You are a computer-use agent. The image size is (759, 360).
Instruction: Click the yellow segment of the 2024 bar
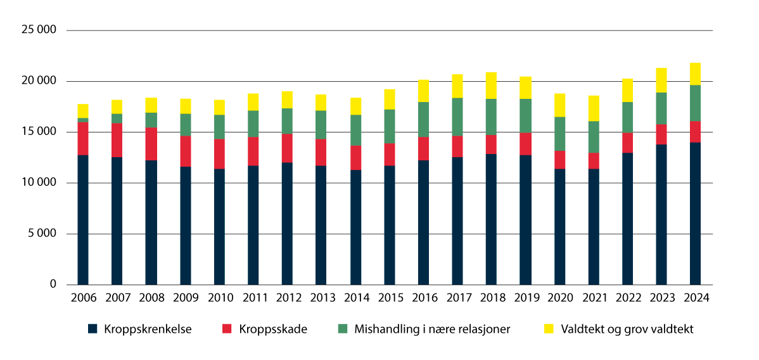(695, 74)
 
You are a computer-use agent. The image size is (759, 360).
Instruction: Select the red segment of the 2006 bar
(83, 138)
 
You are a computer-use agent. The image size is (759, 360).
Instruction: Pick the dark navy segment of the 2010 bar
(219, 226)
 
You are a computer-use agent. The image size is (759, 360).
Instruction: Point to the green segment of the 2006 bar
(83, 120)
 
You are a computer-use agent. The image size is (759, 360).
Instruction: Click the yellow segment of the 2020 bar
(559, 105)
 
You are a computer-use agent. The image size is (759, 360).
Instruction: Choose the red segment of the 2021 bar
(594, 161)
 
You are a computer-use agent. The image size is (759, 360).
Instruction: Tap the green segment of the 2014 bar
(355, 130)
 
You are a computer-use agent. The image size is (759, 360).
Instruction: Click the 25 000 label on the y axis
(39, 30)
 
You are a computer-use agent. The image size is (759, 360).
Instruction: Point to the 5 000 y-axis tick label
(42, 234)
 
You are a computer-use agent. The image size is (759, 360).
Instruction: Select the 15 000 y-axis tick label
(39, 132)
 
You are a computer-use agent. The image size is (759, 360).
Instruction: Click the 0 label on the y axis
(53, 285)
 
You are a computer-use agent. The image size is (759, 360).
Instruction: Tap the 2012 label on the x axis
(287, 297)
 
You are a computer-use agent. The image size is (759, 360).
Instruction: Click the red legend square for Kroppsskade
(227, 329)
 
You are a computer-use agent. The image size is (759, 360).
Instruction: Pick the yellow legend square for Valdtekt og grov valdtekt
(549, 329)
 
